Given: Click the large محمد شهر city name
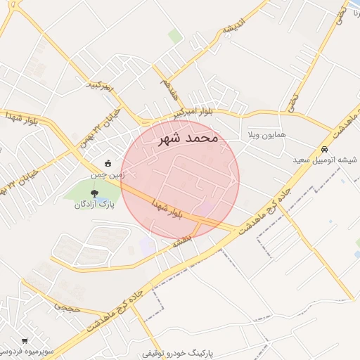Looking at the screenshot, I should click(189, 138).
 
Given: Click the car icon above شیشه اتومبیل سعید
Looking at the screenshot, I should click(324, 150).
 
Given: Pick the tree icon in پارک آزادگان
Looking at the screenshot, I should click(94, 192).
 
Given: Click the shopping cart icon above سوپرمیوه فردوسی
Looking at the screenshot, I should click(26, 340).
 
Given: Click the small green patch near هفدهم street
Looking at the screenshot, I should click(175, 37).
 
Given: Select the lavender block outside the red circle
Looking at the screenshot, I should click(147, 246).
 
